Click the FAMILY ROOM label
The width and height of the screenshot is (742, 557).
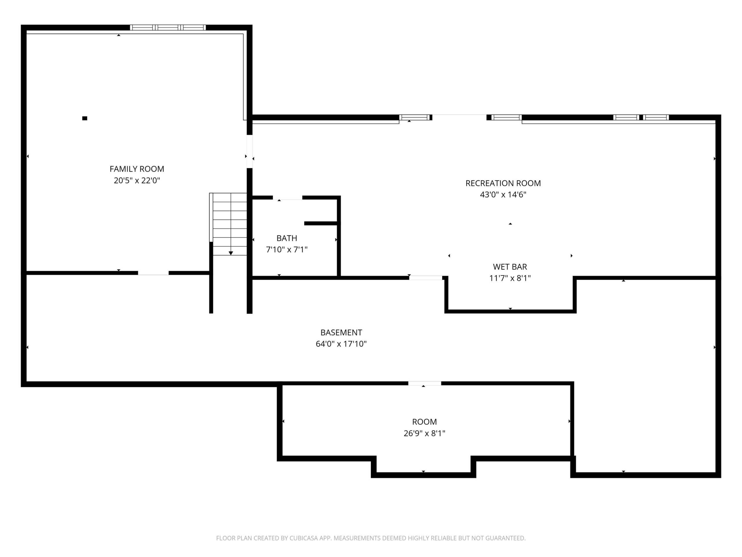click(137, 169)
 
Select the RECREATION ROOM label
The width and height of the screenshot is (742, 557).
click(503, 183)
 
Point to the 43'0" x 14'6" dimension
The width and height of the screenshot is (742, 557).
click(503, 195)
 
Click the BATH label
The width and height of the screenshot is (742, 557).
click(287, 238)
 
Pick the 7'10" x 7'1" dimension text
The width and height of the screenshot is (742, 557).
click(287, 250)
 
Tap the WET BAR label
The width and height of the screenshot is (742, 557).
click(510, 267)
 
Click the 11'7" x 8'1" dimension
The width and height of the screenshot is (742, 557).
click(510, 278)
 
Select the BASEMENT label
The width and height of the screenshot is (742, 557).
click(341, 333)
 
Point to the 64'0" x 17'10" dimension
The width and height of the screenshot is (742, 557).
click(341, 344)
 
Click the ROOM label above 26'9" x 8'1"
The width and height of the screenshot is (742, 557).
click(424, 422)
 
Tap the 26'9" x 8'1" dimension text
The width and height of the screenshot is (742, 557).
click(424, 433)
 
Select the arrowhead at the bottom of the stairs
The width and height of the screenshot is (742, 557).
click(231, 253)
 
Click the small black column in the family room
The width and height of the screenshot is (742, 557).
click(85, 118)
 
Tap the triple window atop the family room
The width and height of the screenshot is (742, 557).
click(168, 28)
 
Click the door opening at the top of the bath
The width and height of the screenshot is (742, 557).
click(288, 198)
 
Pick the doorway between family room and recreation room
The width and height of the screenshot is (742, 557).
click(250, 151)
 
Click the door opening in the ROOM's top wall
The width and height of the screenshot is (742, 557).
click(425, 384)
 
